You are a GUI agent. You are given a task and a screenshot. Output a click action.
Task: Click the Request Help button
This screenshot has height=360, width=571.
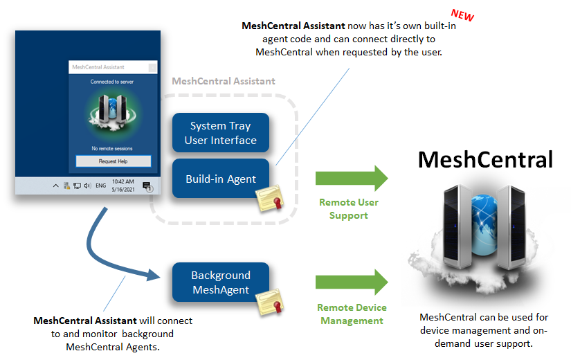point(113,161)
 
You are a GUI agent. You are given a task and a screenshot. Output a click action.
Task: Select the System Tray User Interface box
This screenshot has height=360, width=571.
point(220,133)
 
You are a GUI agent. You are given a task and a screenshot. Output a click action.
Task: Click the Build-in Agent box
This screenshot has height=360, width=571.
point(220,179)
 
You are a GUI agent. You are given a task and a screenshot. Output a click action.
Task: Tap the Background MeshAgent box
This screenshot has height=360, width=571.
point(220,282)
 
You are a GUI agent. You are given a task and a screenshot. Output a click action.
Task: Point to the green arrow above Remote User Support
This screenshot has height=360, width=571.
point(352,178)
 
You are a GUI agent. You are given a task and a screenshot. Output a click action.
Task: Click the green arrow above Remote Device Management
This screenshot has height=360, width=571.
point(352,282)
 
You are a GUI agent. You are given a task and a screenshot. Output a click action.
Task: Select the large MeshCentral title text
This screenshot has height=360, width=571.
point(486,160)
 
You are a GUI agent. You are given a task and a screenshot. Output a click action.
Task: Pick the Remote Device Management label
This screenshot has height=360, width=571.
point(352,314)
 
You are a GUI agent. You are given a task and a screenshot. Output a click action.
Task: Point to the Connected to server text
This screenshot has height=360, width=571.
point(112,82)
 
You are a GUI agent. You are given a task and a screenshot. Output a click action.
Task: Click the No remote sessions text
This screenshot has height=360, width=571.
point(112,148)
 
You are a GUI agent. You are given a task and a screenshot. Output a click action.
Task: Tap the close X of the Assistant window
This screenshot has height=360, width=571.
point(151,67)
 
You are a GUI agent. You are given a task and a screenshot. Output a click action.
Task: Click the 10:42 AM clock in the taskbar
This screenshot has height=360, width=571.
point(125,181)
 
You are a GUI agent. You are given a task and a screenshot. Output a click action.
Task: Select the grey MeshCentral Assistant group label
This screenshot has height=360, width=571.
point(223,81)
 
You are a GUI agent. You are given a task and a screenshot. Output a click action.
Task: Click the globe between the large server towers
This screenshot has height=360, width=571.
point(484,214)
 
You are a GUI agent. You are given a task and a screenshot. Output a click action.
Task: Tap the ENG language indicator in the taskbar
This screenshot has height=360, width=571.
point(100,186)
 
